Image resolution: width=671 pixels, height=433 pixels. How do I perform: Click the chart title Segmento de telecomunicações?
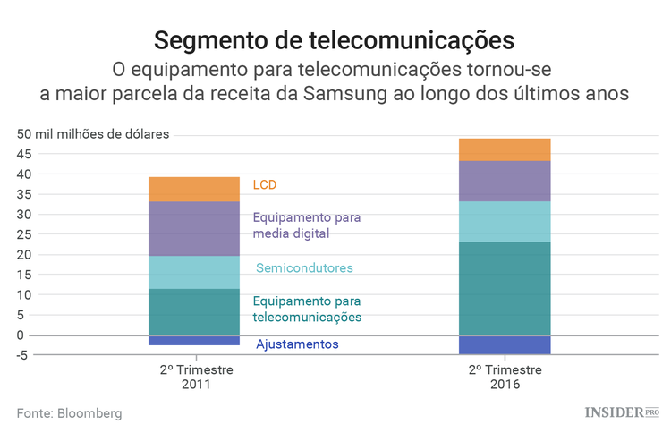[x=335, y=40]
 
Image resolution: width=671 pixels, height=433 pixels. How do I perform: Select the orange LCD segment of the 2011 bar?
[x=194, y=189]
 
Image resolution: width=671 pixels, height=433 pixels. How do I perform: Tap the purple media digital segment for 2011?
[x=194, y=228]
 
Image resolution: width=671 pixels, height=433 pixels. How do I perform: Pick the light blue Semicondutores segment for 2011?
[x=194, y=272]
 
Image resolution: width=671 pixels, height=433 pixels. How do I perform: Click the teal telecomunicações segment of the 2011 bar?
[x=194, y=311]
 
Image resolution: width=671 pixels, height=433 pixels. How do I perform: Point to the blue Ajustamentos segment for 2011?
[x=194, y=340]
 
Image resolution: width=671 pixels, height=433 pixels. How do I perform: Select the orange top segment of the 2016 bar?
[x=505, y=149]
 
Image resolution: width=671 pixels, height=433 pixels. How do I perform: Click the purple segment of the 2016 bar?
[x=505, y=181]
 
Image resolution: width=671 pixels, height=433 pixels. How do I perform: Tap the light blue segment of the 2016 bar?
[x=505, y=221]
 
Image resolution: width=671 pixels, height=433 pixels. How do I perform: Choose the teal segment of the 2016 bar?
[x=505, y=288]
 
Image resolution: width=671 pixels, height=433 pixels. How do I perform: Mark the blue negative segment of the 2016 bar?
[x=505, y=344]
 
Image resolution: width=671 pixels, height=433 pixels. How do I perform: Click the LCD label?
[x=265, y=185]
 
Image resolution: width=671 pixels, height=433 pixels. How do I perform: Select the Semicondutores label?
[x=304, y=268]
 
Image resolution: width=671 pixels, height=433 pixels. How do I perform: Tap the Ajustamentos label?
[x=297, y=344]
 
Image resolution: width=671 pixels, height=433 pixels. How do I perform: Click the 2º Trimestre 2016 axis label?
[x=505, y=377]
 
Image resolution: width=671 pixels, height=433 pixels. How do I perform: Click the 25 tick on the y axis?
[x=24, y=234]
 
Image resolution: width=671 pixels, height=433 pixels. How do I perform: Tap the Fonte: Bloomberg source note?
[x=69, y=413]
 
